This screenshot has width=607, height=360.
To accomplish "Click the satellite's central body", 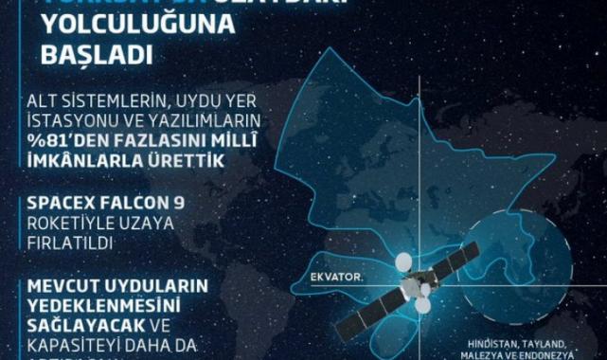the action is pyautogui.click(x=416, y=284).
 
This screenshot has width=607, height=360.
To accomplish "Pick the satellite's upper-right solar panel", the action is pyautogui.click(x=468, y=251).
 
